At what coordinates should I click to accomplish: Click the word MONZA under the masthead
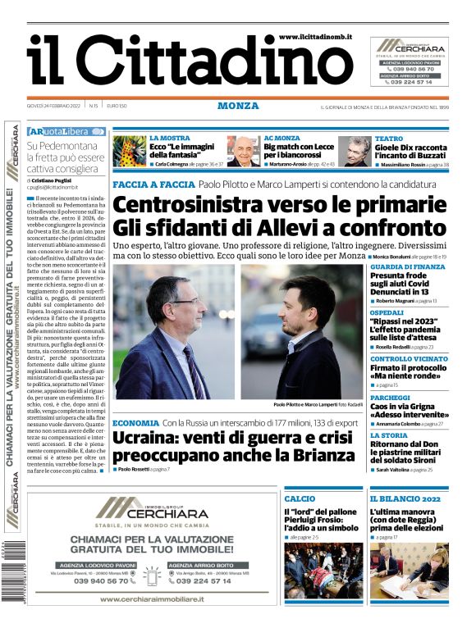(238, 106)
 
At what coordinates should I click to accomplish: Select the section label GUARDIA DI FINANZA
(408, 267)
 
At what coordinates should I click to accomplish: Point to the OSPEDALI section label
(389, 312)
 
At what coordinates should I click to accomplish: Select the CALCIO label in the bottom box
(300, 498)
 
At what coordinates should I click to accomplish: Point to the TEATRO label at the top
(389, 139)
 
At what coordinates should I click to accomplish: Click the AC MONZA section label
(281, 139)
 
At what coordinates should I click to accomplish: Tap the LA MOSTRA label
(169, 139)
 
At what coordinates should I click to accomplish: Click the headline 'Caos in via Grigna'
(403, 406)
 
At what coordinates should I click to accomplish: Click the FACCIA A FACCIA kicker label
(153, 185)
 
